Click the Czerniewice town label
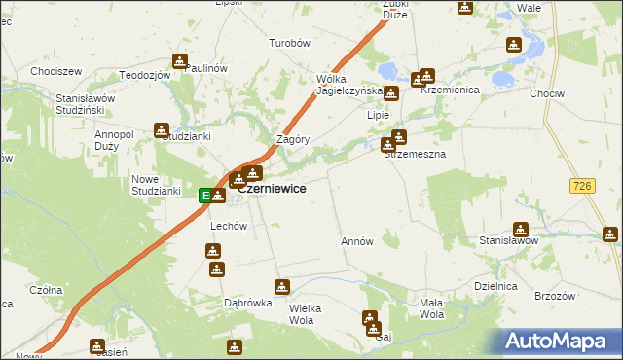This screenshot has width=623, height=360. coord(275,189)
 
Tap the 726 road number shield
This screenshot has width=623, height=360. coord(584,185)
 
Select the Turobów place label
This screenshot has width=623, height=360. coord(289,43)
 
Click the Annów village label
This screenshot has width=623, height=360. coord(357,240)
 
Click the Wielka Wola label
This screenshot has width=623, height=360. coord(311,313)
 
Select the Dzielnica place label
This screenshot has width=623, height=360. coord(494,285)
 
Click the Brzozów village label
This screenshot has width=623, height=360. coord(556,295)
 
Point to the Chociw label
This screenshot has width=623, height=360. coord(572,93)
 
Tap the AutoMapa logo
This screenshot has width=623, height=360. coord(560,342)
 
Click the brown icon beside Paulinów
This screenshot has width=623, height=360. coord(180,61)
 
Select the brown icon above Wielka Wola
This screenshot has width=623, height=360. coord(282,287)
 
